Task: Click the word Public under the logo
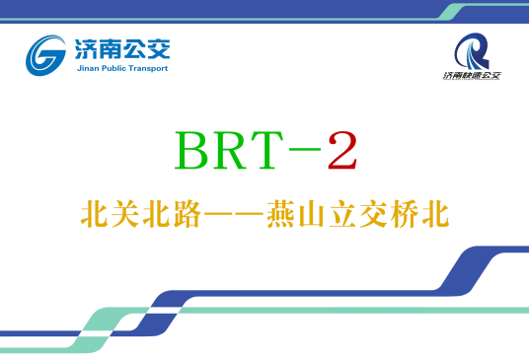coord(112,68)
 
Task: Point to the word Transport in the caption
coord(147,68)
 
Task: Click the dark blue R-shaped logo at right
coord(472,49)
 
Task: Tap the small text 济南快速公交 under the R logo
coord(472,75)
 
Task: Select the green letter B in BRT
coord(193,151)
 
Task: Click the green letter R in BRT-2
coord(233,151)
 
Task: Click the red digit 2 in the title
coord(341,151)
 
